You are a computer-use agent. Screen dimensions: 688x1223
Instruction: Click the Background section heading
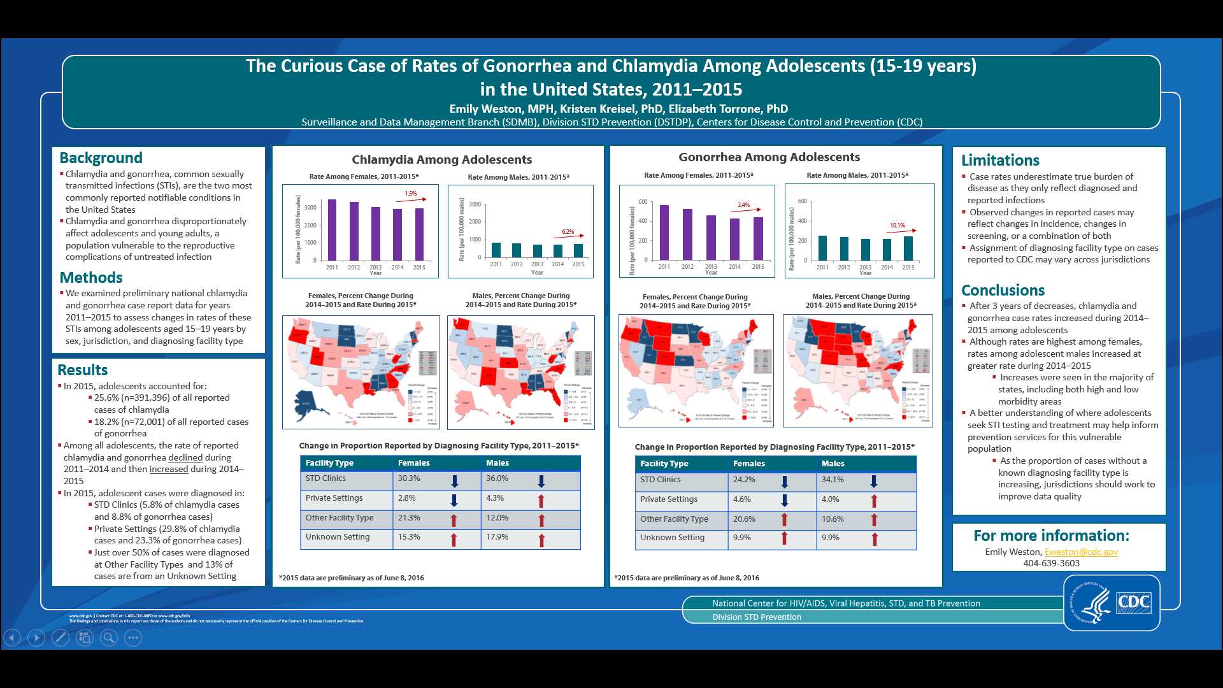101,158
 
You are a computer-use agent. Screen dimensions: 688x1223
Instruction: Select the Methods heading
90,278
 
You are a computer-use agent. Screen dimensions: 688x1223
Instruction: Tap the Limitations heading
1000,161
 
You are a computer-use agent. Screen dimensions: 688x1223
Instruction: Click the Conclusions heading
1003,290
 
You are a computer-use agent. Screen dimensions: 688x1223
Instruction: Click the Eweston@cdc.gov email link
1081,552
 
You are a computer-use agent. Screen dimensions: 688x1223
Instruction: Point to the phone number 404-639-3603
1051,563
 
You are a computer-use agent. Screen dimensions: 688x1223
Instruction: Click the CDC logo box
1134,602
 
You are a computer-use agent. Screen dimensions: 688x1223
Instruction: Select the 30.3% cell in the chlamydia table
409,478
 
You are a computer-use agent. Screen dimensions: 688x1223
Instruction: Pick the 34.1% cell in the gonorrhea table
833,480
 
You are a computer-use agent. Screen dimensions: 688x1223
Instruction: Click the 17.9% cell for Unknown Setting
497,537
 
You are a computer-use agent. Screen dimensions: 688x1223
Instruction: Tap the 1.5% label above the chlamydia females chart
411,194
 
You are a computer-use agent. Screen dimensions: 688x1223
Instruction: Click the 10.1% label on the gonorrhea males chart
898,226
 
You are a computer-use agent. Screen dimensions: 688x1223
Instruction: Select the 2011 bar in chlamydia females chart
332,229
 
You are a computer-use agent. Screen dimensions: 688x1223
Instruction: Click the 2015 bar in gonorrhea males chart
908,248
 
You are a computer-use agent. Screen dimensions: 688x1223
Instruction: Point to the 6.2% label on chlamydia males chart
568,232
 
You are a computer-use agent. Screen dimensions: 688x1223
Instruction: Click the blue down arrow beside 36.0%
541,481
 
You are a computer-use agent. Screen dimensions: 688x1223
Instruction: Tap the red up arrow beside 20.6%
784,520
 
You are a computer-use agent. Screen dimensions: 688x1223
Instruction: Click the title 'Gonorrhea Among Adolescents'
769,157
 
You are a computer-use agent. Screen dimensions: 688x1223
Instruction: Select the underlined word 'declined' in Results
185,457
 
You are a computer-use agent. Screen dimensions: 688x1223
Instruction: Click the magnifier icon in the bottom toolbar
109,637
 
